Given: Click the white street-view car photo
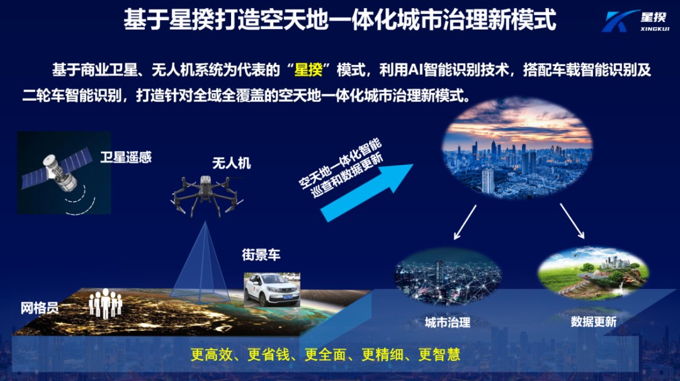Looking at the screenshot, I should pyautogui.click(x=272, y=289).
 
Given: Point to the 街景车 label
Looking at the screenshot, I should pyautogui.click(x=261, y=255).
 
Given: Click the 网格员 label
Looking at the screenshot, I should pyautogui.click(x=39, y=308).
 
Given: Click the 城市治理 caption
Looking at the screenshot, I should pyautogui.click(x=447, y=322).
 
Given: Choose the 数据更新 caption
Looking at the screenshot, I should pyautogui.click(x=593, y=321).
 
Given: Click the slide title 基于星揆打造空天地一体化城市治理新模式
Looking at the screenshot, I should pyautogui.click(x=340, y=20).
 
